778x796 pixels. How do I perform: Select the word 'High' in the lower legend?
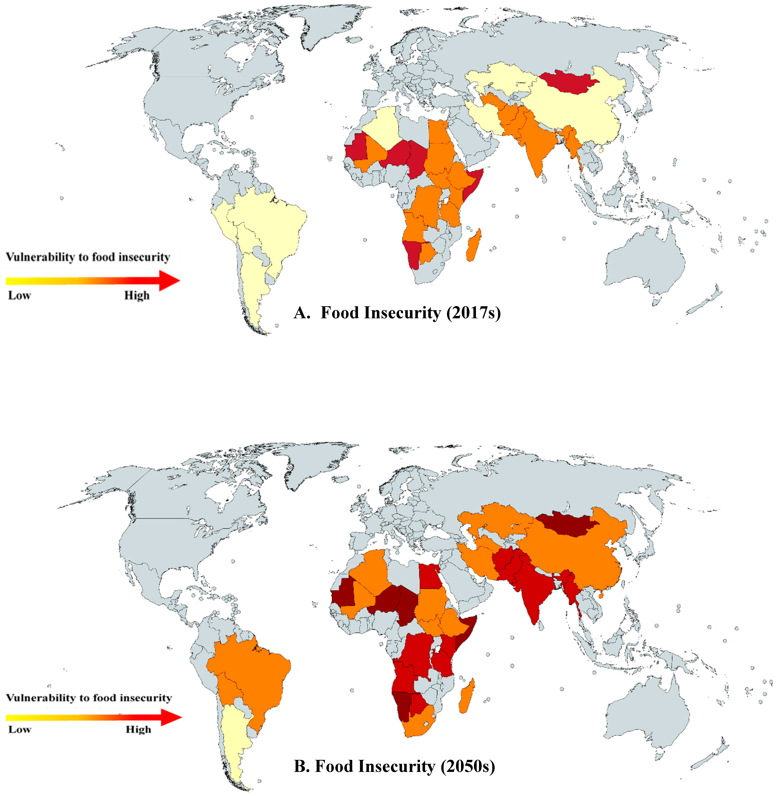138,730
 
